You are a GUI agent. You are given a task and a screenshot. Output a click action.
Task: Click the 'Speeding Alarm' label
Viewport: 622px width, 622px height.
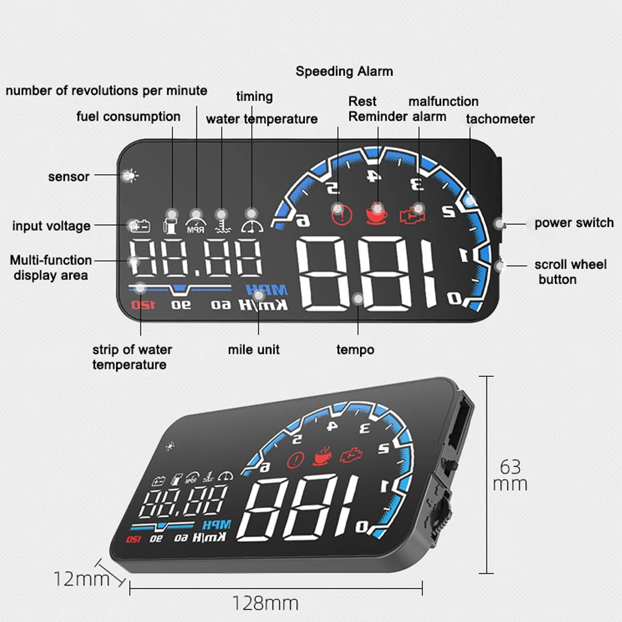[344, 71]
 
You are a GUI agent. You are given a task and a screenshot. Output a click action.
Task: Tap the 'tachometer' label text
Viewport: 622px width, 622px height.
[500, 119]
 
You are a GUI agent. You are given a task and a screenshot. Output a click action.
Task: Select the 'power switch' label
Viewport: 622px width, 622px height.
[573, 223]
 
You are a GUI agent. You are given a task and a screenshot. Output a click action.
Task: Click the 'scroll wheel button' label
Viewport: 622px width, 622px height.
[570, 272]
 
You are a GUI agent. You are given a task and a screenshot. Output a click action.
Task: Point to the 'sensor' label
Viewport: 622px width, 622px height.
[68, 177]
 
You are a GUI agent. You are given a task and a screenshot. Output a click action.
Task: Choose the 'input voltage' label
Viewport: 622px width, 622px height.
[51, 226]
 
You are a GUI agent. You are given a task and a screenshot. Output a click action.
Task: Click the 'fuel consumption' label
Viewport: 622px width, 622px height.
[128, 116]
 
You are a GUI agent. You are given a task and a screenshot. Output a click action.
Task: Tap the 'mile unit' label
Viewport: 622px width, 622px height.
[253, 350]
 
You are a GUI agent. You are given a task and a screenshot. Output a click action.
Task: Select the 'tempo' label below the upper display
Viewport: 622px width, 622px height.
[355, 350]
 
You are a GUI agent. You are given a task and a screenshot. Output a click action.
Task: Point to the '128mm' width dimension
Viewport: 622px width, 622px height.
[266, 603]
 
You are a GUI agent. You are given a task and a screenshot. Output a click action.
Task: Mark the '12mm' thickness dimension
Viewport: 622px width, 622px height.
[81, 579]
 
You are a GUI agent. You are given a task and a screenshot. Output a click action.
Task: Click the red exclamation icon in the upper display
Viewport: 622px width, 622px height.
[341, 214]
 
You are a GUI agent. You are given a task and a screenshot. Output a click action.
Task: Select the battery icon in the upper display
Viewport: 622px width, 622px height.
[139, 226]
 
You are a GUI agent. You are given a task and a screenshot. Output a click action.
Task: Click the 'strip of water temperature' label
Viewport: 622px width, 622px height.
[132, 357]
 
